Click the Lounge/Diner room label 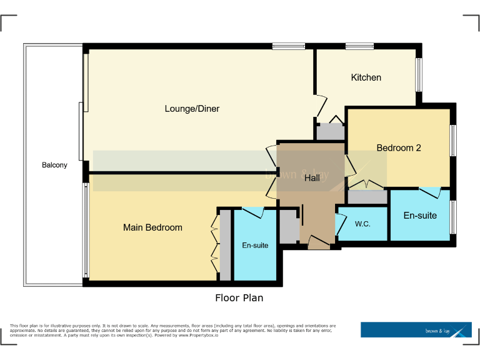click(x=192, y=109)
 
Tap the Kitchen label click(x=366, y=77)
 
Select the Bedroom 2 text click(x=398, y=148)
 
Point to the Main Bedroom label click(x=152, y=227)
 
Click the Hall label click(x=311, y=178)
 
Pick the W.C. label click(x=362, y=224)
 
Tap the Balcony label click(x=54, y=165)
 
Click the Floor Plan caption click(x=239, y=298)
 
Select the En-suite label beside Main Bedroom click(x=255, y=246)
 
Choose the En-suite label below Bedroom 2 click(x=420, y=216)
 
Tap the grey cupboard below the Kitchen click(x=329, y=132)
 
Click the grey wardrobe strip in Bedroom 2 click(x=367, y=196)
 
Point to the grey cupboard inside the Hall click(x=289, y=226)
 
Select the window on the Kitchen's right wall click(x=419, y=75)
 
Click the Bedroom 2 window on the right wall click(x=452, y=141)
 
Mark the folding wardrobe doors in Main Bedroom click(x=214, y=244)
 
